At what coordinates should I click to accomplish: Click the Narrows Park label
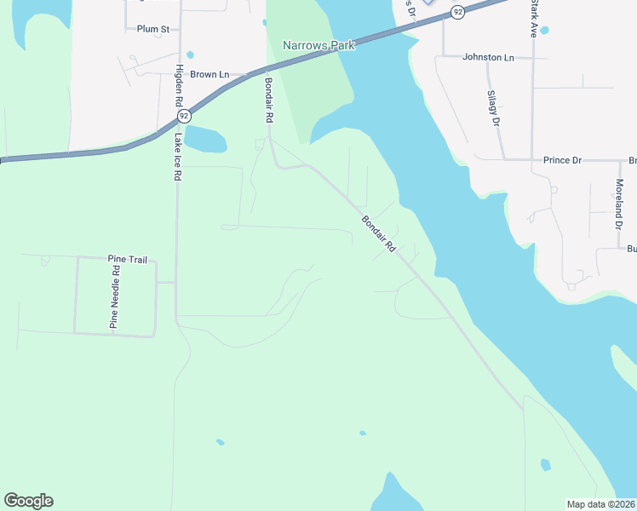(318, 45)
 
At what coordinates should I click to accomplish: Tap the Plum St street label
(153, 29)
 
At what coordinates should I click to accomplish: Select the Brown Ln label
(209, 75)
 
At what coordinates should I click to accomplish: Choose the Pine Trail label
(127, 257)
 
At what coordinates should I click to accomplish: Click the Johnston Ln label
(488, 58)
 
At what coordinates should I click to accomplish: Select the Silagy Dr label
(492, 107)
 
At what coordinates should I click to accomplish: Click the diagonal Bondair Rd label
(379, 233)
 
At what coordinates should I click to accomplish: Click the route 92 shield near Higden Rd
(183, 116)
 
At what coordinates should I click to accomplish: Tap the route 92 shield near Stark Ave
(458, 12)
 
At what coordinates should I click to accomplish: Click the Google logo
(28, 501)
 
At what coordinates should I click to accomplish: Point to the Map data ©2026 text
(600, 504)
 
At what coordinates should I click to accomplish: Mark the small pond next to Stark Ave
(544, 31)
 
